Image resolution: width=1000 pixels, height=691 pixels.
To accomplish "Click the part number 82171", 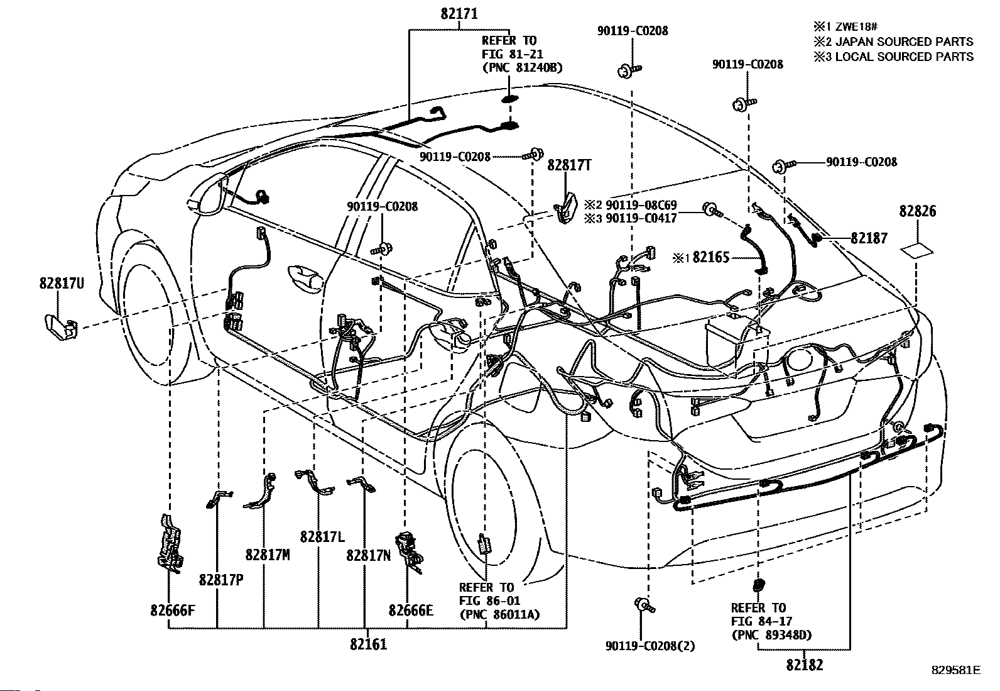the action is [x=459, y=14].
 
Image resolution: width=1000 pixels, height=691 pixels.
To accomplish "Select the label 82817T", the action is [x=569, y=165].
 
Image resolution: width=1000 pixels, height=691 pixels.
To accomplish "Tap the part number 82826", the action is [x=918, y=211].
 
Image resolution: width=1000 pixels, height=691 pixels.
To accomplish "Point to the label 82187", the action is [x=869, y=238].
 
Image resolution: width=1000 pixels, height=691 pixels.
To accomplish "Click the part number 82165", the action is [x=711, y=257].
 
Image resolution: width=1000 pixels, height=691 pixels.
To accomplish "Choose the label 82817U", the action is [x=62, y=284].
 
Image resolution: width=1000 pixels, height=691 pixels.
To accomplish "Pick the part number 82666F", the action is [x=173, y=611].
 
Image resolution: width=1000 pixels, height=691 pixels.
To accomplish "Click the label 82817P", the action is [x=221, y=580].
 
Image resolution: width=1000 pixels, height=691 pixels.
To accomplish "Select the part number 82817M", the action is [x=268, y=555].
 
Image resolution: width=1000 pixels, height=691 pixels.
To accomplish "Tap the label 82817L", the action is [x=322, y=536].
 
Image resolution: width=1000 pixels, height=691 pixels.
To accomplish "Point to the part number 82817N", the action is [x=368, y=556].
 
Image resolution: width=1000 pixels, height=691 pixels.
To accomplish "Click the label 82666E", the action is [x=411, y=611].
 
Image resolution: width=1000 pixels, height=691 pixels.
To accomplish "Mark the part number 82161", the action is [x=368, y=644].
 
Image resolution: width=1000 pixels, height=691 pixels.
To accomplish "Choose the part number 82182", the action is [x=805, y=665].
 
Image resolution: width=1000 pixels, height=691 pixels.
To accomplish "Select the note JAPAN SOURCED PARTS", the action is [x=904, y=41].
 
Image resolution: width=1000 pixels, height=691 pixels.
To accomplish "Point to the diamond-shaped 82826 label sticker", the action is [x=916, y=251].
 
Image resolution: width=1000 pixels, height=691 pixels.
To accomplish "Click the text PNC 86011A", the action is [x=500, y=615].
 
